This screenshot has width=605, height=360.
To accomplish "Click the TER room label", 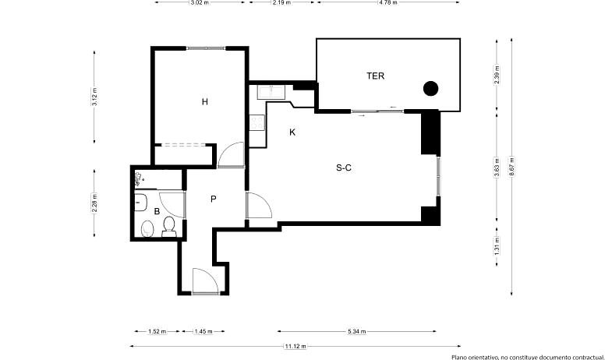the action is click(376, 76).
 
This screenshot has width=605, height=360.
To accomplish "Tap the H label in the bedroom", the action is click(205, 102).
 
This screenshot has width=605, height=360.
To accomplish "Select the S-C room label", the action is click(344, 168).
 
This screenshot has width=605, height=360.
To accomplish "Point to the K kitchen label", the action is click(292, 132).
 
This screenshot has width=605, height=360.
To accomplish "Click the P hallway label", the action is click(214, 199).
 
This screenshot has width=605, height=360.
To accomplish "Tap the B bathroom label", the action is click(157, 211).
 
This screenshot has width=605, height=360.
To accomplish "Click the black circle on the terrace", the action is click(430, 89).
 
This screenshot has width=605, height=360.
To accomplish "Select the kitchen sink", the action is click(271, 92).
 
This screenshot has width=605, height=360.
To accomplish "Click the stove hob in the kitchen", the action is click(257, 123).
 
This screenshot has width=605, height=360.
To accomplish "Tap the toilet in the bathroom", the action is click(169, 227).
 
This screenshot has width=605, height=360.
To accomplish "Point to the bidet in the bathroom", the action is click(147, 229).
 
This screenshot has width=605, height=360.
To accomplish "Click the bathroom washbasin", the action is click(140, 203).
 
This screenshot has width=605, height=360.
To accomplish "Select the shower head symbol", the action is click(139, 179).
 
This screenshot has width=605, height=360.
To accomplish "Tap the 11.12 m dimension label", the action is click(295, 346).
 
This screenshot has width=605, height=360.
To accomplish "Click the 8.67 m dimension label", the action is click(511, 166).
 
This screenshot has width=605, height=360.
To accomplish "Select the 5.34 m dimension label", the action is click(357, 331).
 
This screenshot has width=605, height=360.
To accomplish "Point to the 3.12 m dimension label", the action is click(94, 97).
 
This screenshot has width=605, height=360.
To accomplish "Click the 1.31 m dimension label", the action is click(497, 245).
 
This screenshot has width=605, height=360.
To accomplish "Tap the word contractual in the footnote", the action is click(584, 358).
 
